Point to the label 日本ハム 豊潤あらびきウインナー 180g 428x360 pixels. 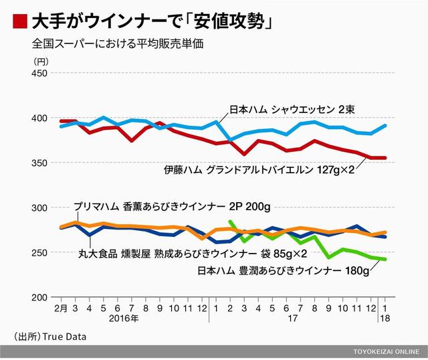[283, 271]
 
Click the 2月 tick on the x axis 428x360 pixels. [60, 308]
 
